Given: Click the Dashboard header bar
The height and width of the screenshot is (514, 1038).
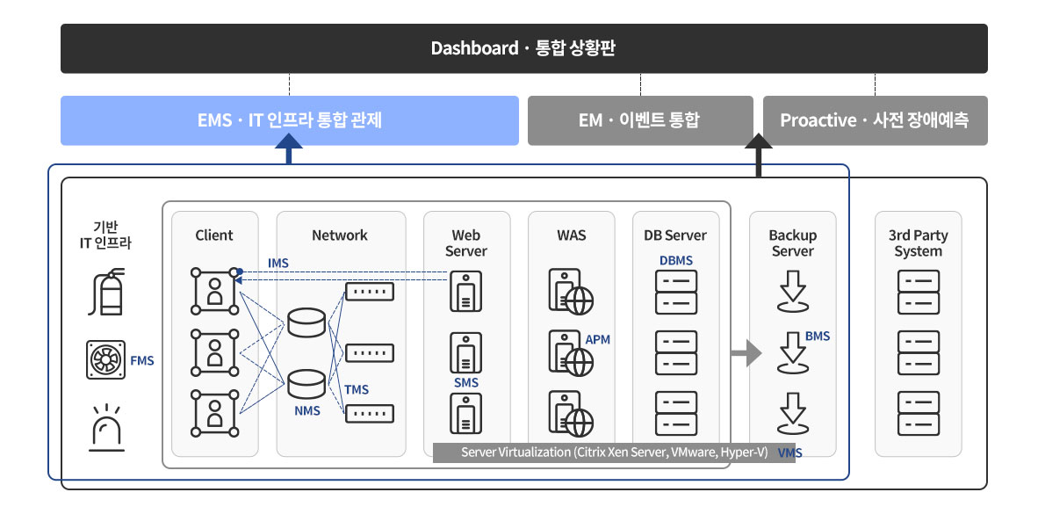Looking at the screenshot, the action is pyautogui.click(x=523, y=48).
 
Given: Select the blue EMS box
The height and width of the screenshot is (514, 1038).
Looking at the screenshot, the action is pyautogui.click(x=289, y=120).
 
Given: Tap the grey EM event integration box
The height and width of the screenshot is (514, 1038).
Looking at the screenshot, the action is pyautogui.click(x=640, y=120).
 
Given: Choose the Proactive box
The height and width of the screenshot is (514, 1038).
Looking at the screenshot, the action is pyautogui.click(x=876, y=120).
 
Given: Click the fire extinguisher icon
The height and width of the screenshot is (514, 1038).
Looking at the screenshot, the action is pyautogui.click(x=106, y=292).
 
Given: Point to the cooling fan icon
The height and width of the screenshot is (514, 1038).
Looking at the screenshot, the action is pyautogui.click(x=106, y=359).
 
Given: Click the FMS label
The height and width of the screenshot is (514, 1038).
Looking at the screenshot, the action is pyautogui.click(x=142, y=361).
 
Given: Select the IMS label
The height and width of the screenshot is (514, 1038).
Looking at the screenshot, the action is pyautogui.click(x=278, y=264).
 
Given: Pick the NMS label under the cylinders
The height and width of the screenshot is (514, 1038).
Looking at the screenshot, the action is pyautogui.click(x=307, y=410).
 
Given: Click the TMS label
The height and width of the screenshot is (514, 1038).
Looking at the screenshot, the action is pyautogui.click(x=357, y=389).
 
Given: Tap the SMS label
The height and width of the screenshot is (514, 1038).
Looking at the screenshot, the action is pyautogui.click(x=466, y=383).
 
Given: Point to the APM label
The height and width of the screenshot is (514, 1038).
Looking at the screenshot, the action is pyautogui.click(x=598, y=340).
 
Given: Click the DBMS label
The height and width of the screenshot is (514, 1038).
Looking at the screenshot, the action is pyautogui.click(x=676, y=261).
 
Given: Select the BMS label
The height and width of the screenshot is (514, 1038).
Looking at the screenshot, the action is pyautogui.click(x=818, y=337).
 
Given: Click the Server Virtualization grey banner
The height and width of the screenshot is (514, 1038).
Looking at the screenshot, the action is pyautogui.click(x=615, y=452).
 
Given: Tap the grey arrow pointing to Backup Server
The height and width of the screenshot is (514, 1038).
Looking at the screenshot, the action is pyautogui.click(x=746, y=353).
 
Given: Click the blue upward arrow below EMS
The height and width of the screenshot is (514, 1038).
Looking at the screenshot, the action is pyautogui.click(x=289, y=148).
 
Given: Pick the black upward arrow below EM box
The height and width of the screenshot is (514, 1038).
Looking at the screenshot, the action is pyautogui.click(x=759, y=155).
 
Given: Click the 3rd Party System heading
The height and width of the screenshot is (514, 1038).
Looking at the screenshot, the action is pyautogui.click(x=919, y=243).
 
